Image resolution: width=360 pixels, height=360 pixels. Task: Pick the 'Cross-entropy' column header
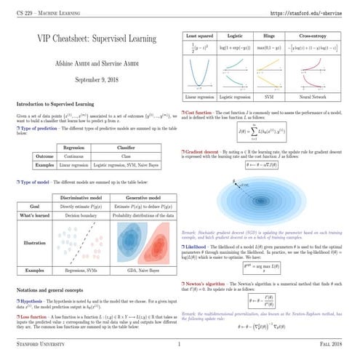315,36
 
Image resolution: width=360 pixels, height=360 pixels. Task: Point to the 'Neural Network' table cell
315,97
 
